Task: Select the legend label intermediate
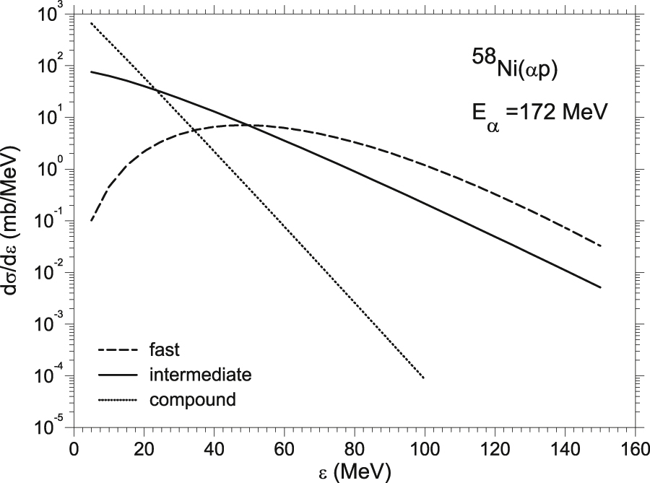[201, 375]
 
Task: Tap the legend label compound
[193, 399]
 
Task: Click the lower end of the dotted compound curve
[423, 378]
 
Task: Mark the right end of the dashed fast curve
[600, 246]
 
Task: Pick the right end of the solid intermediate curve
[600, 287]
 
